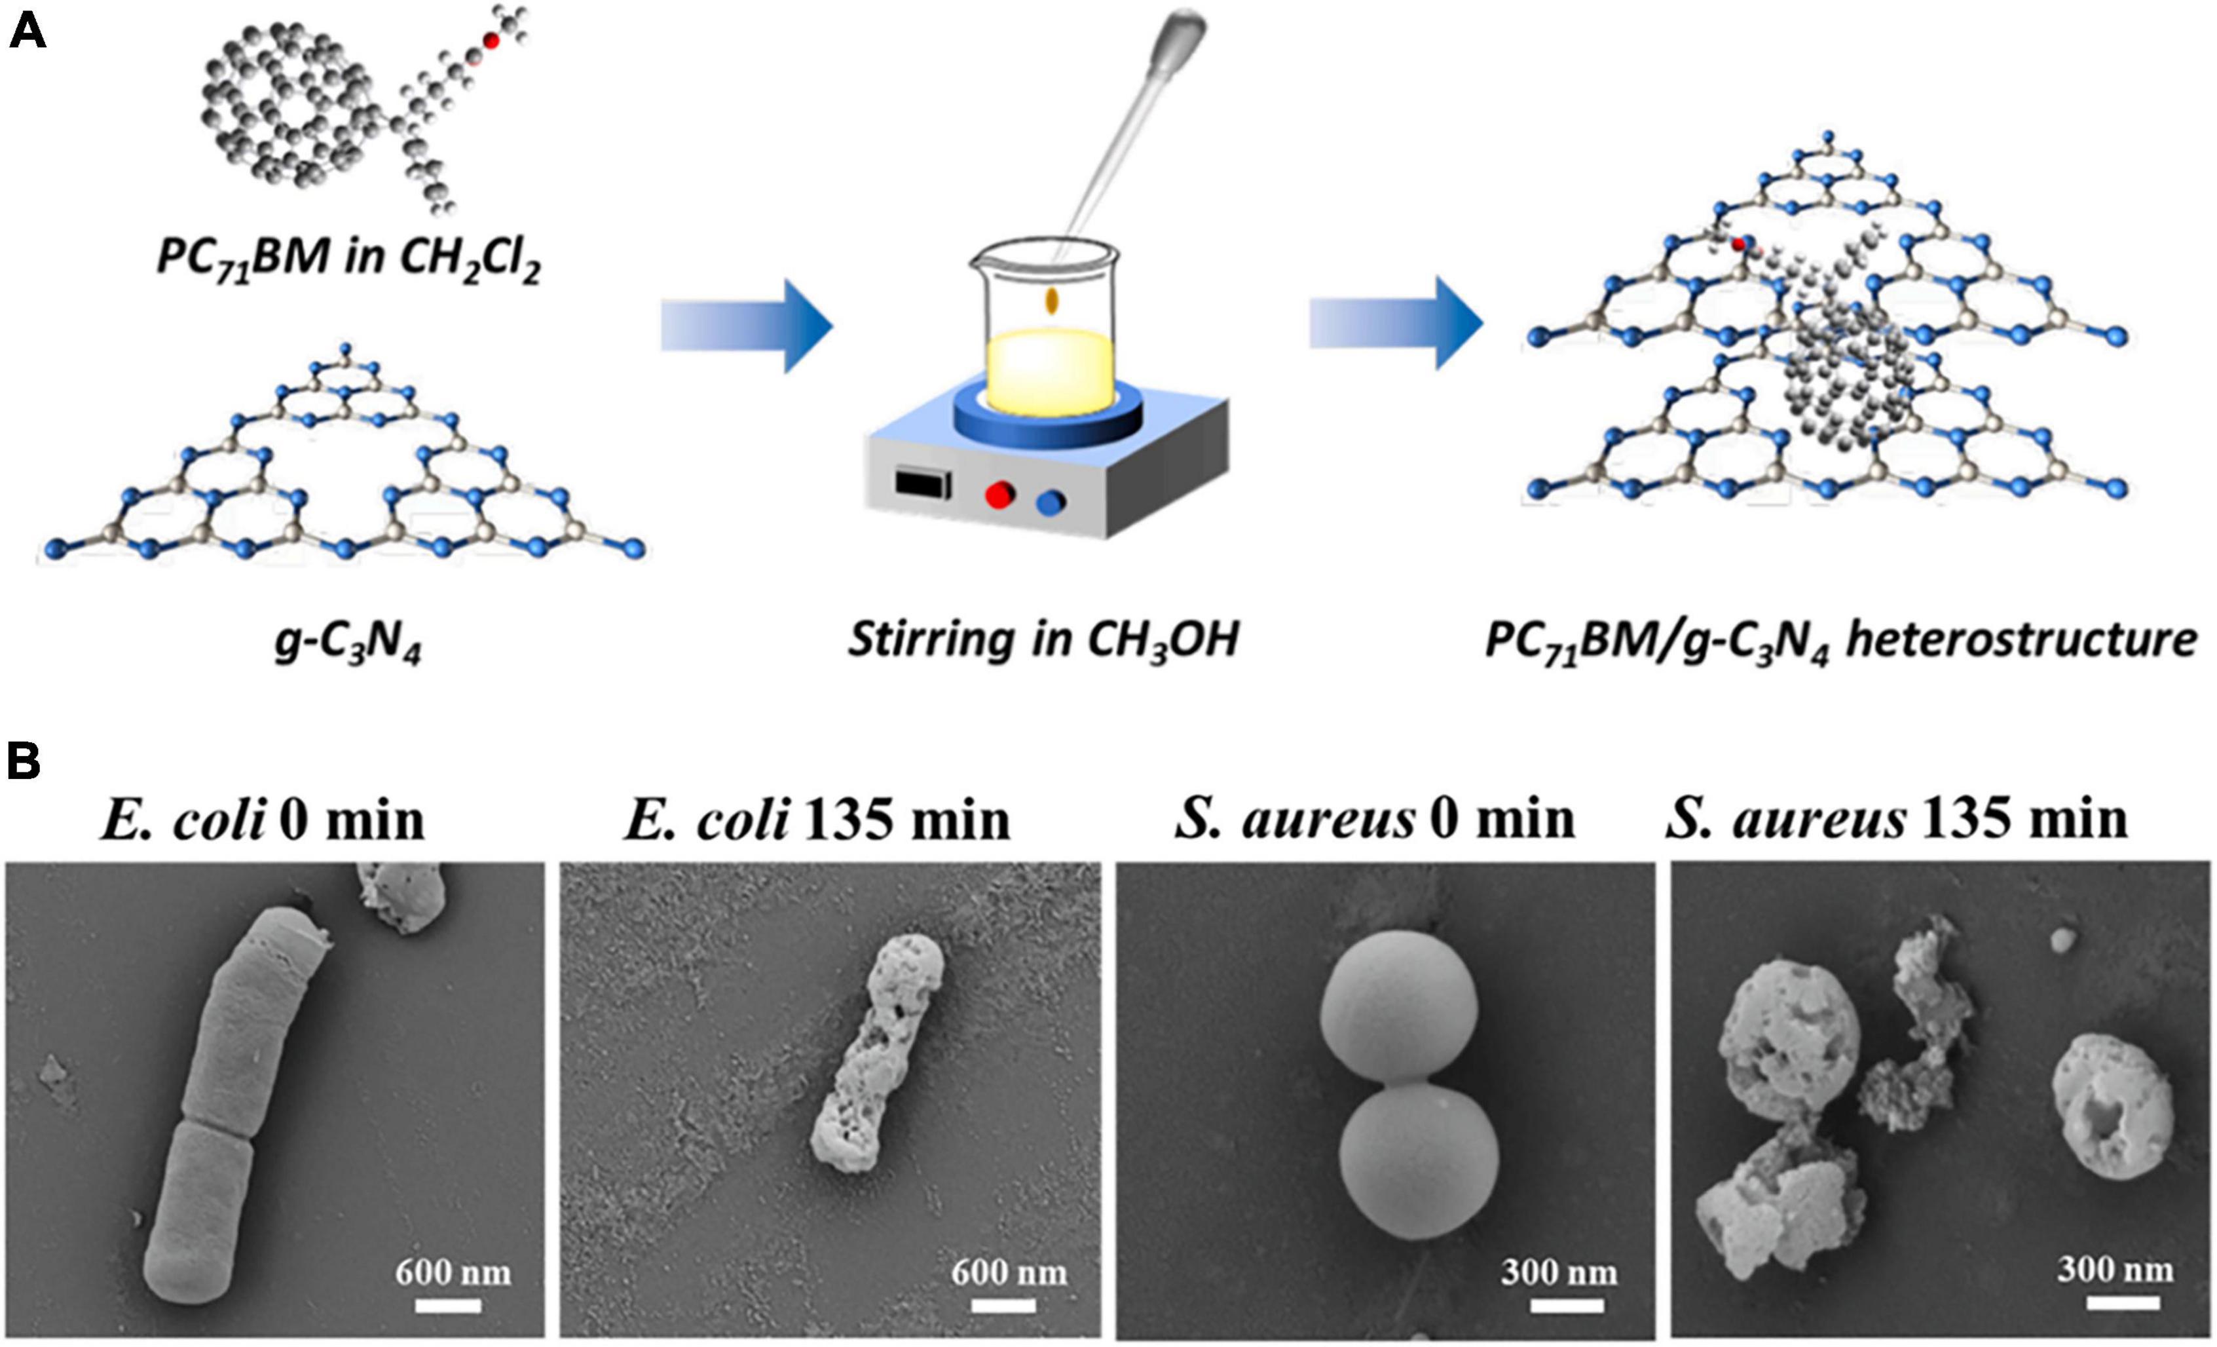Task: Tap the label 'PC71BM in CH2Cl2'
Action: click(348, 259)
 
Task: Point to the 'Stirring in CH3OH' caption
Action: click(1044, 641)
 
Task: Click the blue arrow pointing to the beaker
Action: click(747, 325)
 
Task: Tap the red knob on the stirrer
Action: click(999, 495)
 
